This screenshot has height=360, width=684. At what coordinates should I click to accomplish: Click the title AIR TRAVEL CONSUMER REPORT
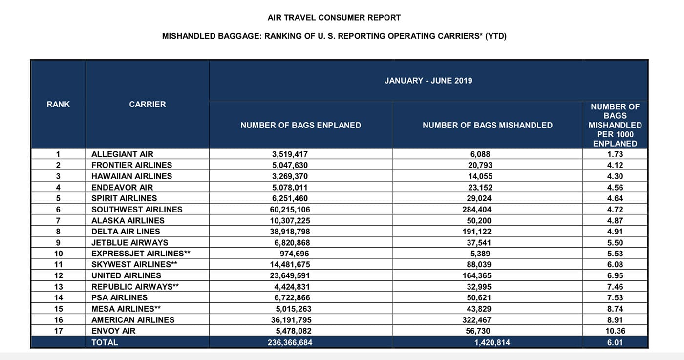click(334, 18)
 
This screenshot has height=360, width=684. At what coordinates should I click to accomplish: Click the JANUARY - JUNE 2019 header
click(428, 81)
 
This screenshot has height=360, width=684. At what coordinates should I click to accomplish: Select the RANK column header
click(58, 104)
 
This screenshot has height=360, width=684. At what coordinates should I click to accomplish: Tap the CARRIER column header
click(147, 104)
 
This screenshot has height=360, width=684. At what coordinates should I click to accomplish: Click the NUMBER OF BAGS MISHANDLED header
click(487, 125)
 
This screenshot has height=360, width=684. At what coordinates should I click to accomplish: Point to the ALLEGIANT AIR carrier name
click(122, 154)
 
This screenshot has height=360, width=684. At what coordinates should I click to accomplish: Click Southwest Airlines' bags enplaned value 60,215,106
click(291, 209)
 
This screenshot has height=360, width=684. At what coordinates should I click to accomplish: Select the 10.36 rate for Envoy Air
click(615, 331)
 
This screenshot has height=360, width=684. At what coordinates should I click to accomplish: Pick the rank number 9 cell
click(58, 242)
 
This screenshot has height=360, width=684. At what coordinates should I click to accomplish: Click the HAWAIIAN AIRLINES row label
click(131, 176)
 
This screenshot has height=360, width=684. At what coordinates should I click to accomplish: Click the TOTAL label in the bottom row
click(105, 342)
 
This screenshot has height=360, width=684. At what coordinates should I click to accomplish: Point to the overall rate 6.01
click(615, 342)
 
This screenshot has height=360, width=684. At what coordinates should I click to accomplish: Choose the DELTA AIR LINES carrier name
click(126, 231)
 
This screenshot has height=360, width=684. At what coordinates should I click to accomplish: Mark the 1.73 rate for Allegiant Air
click(615, 154)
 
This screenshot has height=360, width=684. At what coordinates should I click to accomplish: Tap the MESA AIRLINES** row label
click(126, 309)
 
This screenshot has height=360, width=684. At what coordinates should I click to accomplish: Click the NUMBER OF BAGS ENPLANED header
click(300, 125)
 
